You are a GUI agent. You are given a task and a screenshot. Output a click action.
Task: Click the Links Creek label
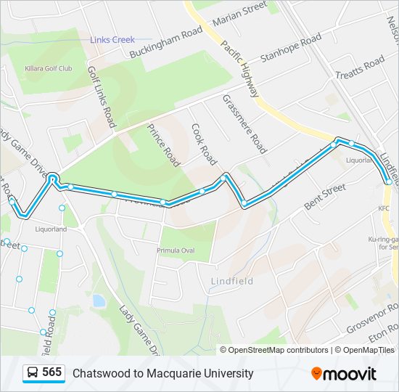click(112, 40)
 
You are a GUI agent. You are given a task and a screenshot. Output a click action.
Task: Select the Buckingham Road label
click(165, 43)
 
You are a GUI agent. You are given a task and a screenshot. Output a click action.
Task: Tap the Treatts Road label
click(359, 69)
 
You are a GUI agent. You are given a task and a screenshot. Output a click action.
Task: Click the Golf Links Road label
click(102, 97)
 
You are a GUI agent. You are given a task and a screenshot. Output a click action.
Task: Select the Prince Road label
click(163, 144)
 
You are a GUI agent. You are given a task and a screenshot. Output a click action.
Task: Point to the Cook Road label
click(204, 143)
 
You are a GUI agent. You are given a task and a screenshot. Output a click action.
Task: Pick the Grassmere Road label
click(244, 123)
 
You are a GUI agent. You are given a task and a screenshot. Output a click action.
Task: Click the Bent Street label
click(324, 197)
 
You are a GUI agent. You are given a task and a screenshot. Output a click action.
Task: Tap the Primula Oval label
click(176, 250)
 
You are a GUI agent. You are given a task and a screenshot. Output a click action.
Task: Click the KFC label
click(383, 209)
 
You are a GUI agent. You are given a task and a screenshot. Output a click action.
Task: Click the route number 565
click(52, 372)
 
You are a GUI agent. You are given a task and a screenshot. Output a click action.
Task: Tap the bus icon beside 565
click(33, 373)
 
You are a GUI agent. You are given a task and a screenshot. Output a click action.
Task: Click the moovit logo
click(344, 373)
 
